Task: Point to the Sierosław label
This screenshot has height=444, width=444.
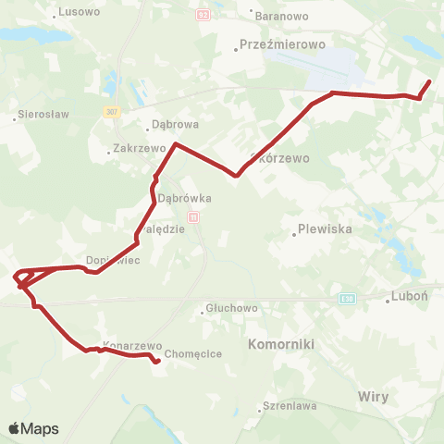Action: pos(38,117)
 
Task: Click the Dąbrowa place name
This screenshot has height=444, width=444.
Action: pos(175,129)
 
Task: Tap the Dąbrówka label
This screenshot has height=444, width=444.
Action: pos(185,198)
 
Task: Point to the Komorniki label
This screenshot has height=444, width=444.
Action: pos(282,343)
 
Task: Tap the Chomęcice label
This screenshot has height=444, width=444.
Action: pos(190,353)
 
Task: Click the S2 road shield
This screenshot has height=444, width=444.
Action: pos(204,16)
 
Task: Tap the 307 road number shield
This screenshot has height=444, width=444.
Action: pos(112,111)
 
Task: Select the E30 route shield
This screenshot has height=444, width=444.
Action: pos(347,299)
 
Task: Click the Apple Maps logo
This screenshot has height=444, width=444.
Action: pos(33,429)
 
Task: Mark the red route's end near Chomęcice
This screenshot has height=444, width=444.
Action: pos(156,362)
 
